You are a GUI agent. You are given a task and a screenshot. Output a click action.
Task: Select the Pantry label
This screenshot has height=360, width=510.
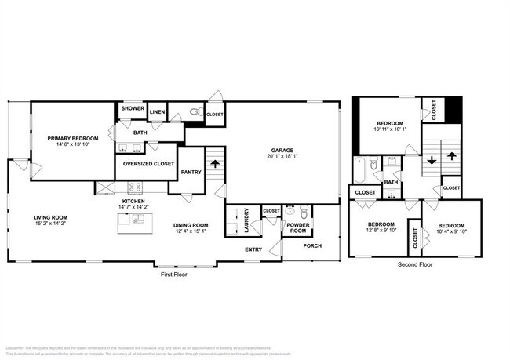pos(191,172)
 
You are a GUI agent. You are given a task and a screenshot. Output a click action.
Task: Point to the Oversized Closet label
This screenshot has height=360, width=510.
pos(148,164)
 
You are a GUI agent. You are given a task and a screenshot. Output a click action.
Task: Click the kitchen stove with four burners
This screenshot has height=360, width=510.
pos(135,187)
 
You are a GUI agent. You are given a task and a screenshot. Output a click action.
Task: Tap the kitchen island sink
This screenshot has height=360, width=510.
pos(137,219)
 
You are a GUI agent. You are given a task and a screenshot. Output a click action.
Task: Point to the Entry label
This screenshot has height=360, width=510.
pos(253,249)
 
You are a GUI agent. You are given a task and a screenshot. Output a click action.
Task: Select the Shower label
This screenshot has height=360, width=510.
pos(131,111)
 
